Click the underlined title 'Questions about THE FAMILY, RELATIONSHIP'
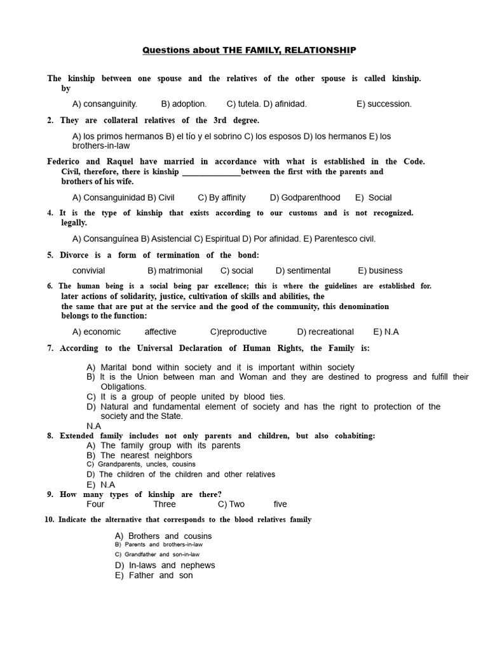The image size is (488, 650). click(x=249, y=50)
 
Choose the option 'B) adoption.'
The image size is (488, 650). click(x=184, y=103)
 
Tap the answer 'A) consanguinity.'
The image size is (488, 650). click(x=105, y=103)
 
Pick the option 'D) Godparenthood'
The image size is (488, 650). click(x=305, y=197)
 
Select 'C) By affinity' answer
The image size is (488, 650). click(x=222, y=197)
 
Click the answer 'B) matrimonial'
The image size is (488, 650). click(x=175, y=270)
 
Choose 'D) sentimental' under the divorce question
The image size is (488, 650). click(x=303, y=270)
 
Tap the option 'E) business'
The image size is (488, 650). click(x=380, y=270)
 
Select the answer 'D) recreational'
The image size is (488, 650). click(x=325, y=331)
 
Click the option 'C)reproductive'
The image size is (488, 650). click(x=238, y=331)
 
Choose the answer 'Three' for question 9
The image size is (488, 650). click(x=165, y=504)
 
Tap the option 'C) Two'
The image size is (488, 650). click(x=231, y=504)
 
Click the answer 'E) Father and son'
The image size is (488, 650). click(x=154, y=575)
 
